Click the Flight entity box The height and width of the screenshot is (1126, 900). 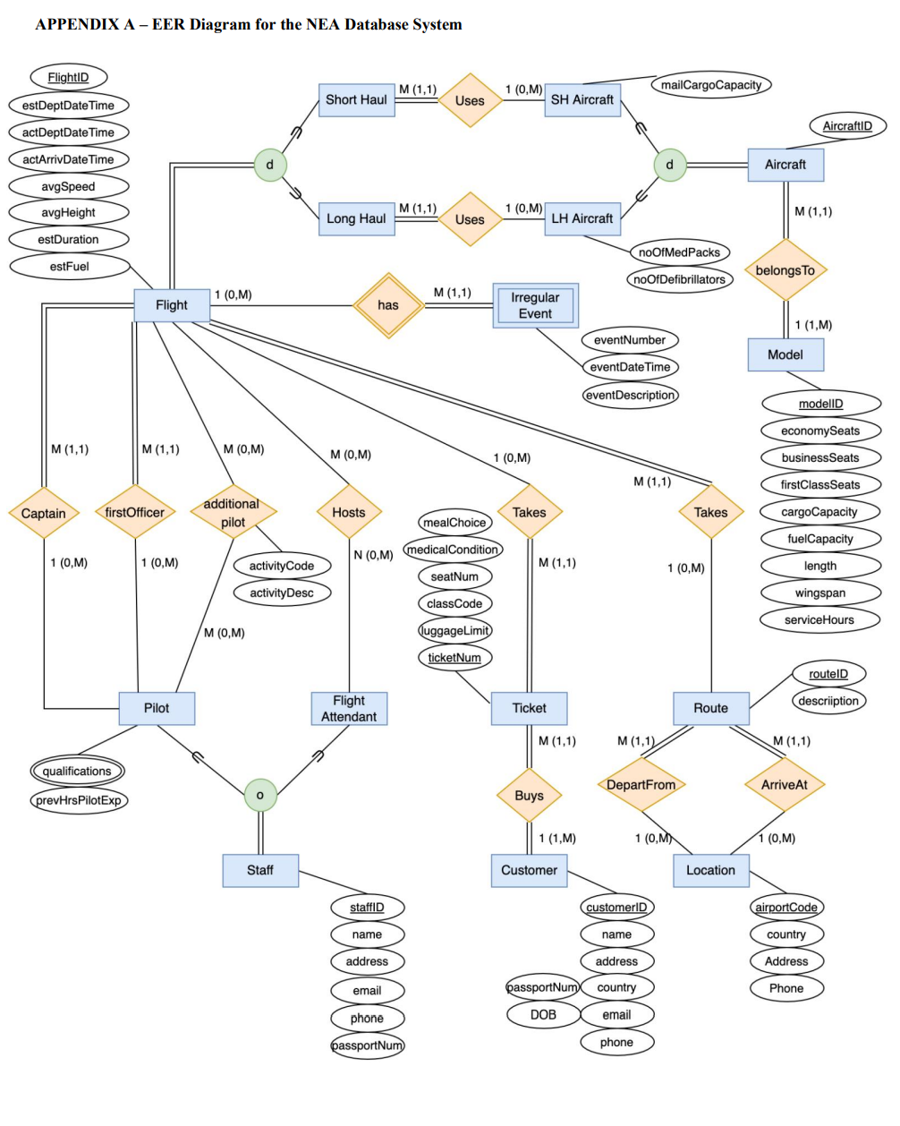tap(171, 305)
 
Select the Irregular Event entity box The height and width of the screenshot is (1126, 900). tap(535, 306)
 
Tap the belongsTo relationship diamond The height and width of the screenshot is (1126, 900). tap(785, 270)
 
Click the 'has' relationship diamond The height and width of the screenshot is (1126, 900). tap(387, 305)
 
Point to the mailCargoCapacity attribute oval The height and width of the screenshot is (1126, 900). tap(711, 85)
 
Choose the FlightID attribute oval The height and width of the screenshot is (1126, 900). tap(68, 78)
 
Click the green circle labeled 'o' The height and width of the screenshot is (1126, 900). tap(260, 795)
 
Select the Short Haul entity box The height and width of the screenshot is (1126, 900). tap(356, 100)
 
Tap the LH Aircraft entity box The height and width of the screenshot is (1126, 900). tap(582, 218)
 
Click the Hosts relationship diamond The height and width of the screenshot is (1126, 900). tap(349, 513)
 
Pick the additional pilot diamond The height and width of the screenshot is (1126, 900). tap(233, 513)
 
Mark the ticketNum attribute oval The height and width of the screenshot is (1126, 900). tap(454, 658)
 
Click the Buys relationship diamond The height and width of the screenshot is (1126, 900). tap(529, 796)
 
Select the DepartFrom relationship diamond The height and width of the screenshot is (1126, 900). tap(641, 785)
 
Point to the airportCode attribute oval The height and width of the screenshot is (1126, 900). tap(785, 908)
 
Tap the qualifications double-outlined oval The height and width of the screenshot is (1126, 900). tap(77, 772)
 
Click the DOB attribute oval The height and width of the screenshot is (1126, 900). tap(543, 1015)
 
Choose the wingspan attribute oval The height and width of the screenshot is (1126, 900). tap(819, 593)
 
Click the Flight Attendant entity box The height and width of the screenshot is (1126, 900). tap(349, 709)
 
